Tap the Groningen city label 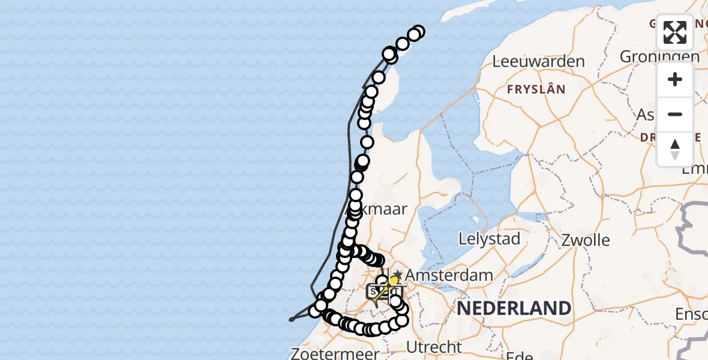point(659,56)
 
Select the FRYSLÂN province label point(536,89)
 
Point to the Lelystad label point(489,239)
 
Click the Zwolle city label point(586,241)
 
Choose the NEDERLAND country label point(514,308)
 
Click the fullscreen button point(675,32)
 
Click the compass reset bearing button point(675,149)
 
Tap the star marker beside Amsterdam point(397,274)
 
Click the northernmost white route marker point(418,32)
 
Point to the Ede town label point(520,355)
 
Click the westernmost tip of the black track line point(289,320)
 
